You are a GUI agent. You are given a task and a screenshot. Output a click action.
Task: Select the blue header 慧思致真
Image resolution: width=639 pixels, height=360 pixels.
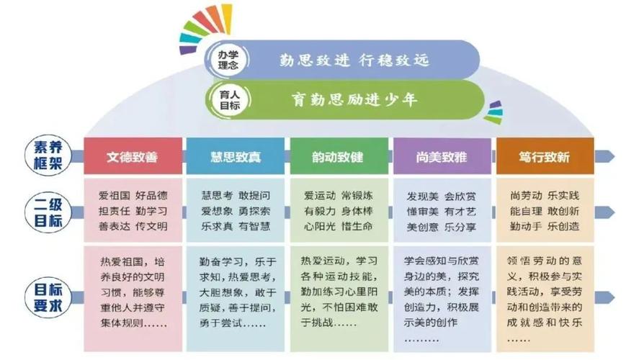click(x=235, y=156)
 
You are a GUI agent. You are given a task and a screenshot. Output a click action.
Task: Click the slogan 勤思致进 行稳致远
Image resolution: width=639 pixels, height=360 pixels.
click(x=354, y=59)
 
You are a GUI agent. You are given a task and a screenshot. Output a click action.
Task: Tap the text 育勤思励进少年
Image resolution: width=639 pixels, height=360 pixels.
click(x=354, y=99)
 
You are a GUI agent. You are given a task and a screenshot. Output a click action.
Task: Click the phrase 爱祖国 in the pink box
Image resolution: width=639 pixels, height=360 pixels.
click(x=113, y=196)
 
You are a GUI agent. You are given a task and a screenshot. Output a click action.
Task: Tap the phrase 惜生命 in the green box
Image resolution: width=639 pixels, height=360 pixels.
click(x=357, y=226)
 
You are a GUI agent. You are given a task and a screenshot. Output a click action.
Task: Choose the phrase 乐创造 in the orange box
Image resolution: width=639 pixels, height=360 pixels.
click(x=563, y=226)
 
